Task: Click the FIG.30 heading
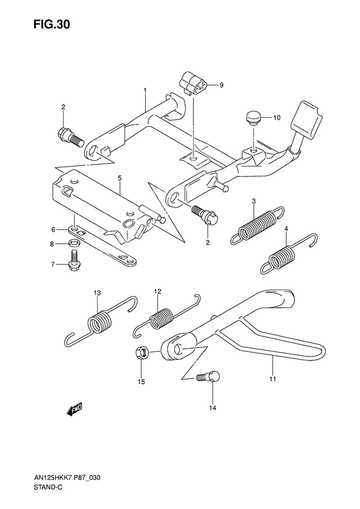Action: point(51,24)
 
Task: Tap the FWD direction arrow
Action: point(75,409)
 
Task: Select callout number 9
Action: point(221,85)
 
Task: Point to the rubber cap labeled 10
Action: point(253,118)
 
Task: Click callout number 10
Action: point(276,118)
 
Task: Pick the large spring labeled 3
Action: point(258,225)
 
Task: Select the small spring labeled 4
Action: point(287,255)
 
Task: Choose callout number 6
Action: point(53,230)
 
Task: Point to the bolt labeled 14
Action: point(209,377)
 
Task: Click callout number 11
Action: point(273,379)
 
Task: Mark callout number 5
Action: point(120,178)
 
